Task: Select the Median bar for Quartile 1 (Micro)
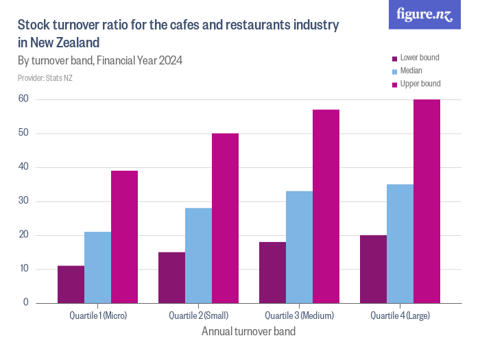(97, 267)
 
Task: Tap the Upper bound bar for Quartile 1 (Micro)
(124, 237)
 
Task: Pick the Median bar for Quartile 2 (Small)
(198, 255)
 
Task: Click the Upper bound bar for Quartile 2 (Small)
(225, 218)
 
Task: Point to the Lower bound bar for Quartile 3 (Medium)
(272, 272)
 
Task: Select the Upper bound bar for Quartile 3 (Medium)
(326, 206)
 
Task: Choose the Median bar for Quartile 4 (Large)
(400, 243)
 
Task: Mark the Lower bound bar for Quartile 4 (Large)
(373, 269)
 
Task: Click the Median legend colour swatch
(394, 71)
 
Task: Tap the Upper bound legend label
(420, 84)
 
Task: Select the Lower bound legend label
(420, 58)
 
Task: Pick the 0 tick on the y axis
(26, 302)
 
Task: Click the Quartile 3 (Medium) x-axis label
(299, 316)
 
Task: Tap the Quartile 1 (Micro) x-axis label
(98, 316)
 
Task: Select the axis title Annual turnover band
(248, 332)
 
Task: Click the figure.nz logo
(424, 14)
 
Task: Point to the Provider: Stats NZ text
(45, 78)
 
